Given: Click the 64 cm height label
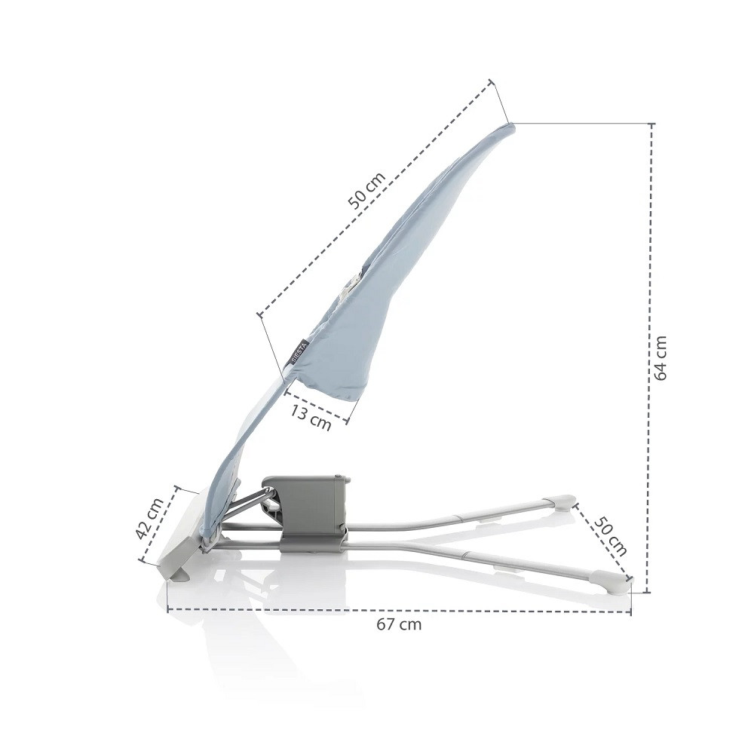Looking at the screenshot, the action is pos(661,357).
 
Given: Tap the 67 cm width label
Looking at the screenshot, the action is pos(399,624).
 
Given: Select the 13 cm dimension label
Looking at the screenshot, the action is pos(311,417).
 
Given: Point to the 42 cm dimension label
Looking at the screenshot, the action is pos(150,519).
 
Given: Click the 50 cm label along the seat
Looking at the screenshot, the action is pos(366,191).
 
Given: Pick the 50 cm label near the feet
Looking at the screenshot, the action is pos(610,536).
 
